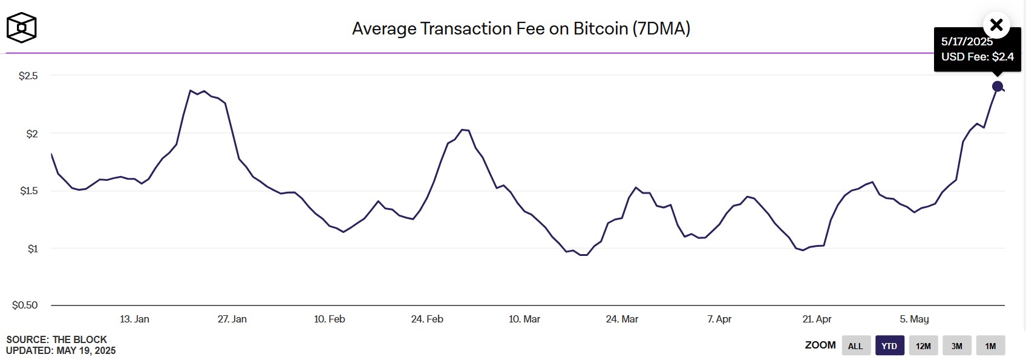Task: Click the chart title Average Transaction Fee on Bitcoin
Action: tap(521, 28)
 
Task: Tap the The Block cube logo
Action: tap(21, 28)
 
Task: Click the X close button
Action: tap(996, 25)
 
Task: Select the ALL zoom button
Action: tap(855, 346)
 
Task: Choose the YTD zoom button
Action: tap(889, 346)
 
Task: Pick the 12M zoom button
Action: tap(923, 346)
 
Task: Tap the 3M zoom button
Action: tap(956, 346)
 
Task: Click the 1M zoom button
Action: tap(990, 346)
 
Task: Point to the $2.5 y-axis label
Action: tap(28, 76)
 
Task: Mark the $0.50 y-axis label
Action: tap(25, 305)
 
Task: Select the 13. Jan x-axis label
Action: tap(134, 319)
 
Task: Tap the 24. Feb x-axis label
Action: tap(427, 319)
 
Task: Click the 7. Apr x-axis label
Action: tap(719, 319)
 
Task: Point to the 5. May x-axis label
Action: tap(914, 319)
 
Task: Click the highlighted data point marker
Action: tap(998, 87)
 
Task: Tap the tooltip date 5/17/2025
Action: tap(967, 42)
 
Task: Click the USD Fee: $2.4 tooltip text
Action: tap(977, 57)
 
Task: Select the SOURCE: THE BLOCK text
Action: tap(56, 339)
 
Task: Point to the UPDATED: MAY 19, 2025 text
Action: tap(60, 350)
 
